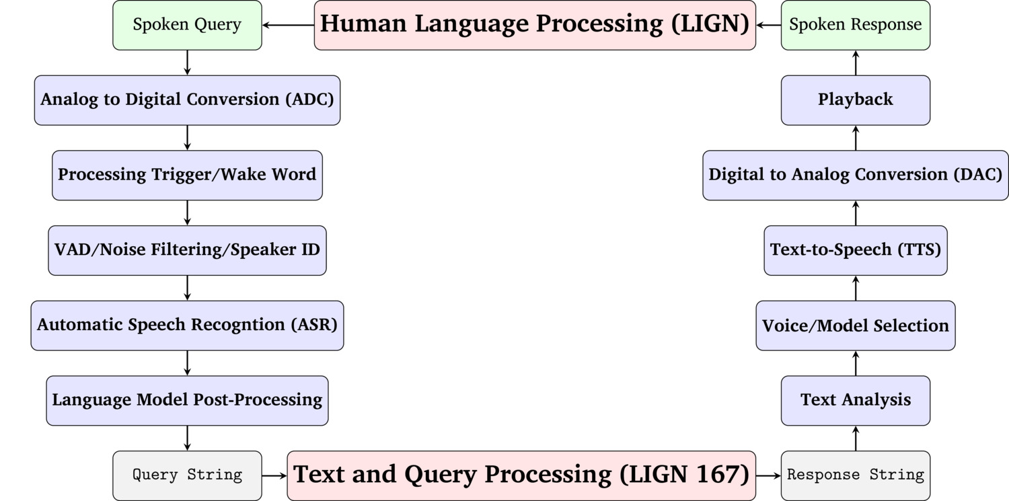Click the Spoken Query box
pyautogui.click(x=187, y=25)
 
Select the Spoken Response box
pyautogui.click(x=856, y=25)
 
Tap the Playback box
pyautogui.click(x=856, y=100)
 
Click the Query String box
pyautogui.click(x=187, y=475)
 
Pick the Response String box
pyautogui.click(x=856, y=475)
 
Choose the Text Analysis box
pyautogui.click(x=856, y=401)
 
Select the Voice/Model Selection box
pyautogui.click(x=856, y=325)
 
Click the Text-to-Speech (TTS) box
pyautogui.click(x=856, y=250)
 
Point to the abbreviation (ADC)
pyautogui.click(x=309, y=100)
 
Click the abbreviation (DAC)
pyautogui.click(x=978, y=175)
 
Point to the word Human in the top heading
pyautogui.click(x=363, y=24)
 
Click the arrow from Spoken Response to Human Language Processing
pyautogui.click(x=768, y=25)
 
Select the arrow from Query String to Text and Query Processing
pyautogui.click(x=274, y=475)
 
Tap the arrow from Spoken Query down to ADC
pyautogui.click(x=187, y=63)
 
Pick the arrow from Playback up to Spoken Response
pyautogui.click(x=856, y=63)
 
